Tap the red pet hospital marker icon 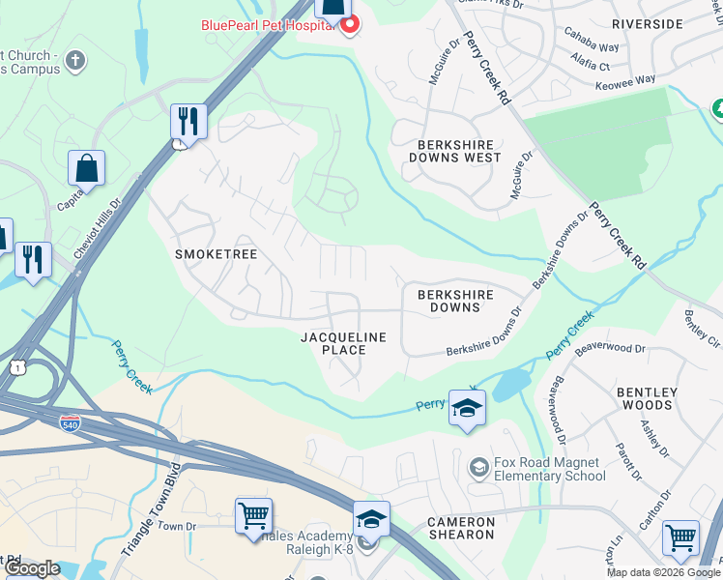click(348, 24)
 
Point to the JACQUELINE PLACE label click(343, 343)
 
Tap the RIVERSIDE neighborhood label click(648, 23)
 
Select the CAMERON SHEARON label click(461, 529)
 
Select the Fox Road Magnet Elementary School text click(548, 469)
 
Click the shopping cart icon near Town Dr click(254, 515)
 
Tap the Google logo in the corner click(32, 568)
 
